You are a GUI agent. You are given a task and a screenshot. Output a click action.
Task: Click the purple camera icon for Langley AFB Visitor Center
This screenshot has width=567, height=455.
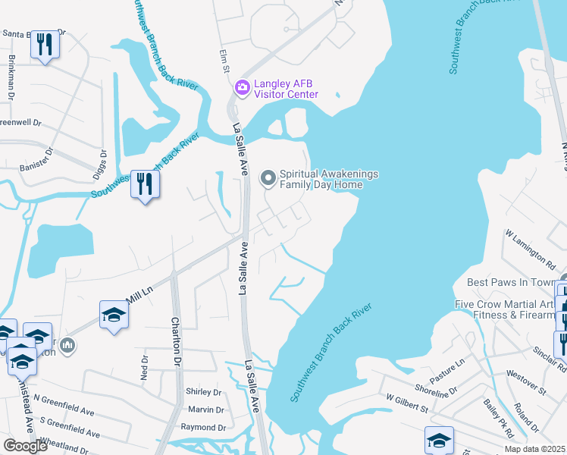point(242,88)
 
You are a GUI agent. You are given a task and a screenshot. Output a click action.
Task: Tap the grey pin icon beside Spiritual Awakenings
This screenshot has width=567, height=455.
point(268,178)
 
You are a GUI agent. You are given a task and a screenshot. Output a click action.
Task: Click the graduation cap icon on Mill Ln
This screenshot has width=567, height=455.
point(114,314)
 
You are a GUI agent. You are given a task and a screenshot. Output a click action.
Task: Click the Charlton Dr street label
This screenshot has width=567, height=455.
point(177,341)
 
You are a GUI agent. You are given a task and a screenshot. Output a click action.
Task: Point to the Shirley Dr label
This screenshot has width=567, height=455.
point(206,393)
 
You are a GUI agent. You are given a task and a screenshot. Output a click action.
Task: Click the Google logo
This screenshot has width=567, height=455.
point(25,446)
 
